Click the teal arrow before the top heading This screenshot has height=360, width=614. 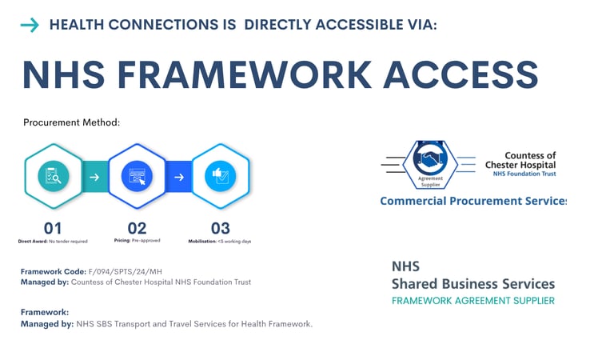[x=30, y=26]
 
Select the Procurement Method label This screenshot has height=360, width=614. [x=71, y=122]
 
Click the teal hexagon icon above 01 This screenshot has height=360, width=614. [x=54, y=175]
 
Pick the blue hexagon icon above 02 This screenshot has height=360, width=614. [x=137, y=175]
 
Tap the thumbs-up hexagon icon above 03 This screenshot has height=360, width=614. [x=220, y=175]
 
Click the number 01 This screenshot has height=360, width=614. [x=53, y=227]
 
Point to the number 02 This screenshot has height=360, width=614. [x=137, y=227]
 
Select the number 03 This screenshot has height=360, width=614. [x=220, y=227]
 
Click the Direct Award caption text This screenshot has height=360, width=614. [x=53, y=241]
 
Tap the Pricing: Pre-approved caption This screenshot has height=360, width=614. [x=137, y=241]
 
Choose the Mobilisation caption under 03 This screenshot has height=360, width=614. [x=219, y=241]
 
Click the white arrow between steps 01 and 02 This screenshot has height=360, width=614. [x=95, y=177]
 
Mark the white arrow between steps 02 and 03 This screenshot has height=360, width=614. [x=179, y=177]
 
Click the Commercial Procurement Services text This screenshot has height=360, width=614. [x=472, y=201]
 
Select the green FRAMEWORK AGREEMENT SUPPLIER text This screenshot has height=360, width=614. [x=472, y=301]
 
